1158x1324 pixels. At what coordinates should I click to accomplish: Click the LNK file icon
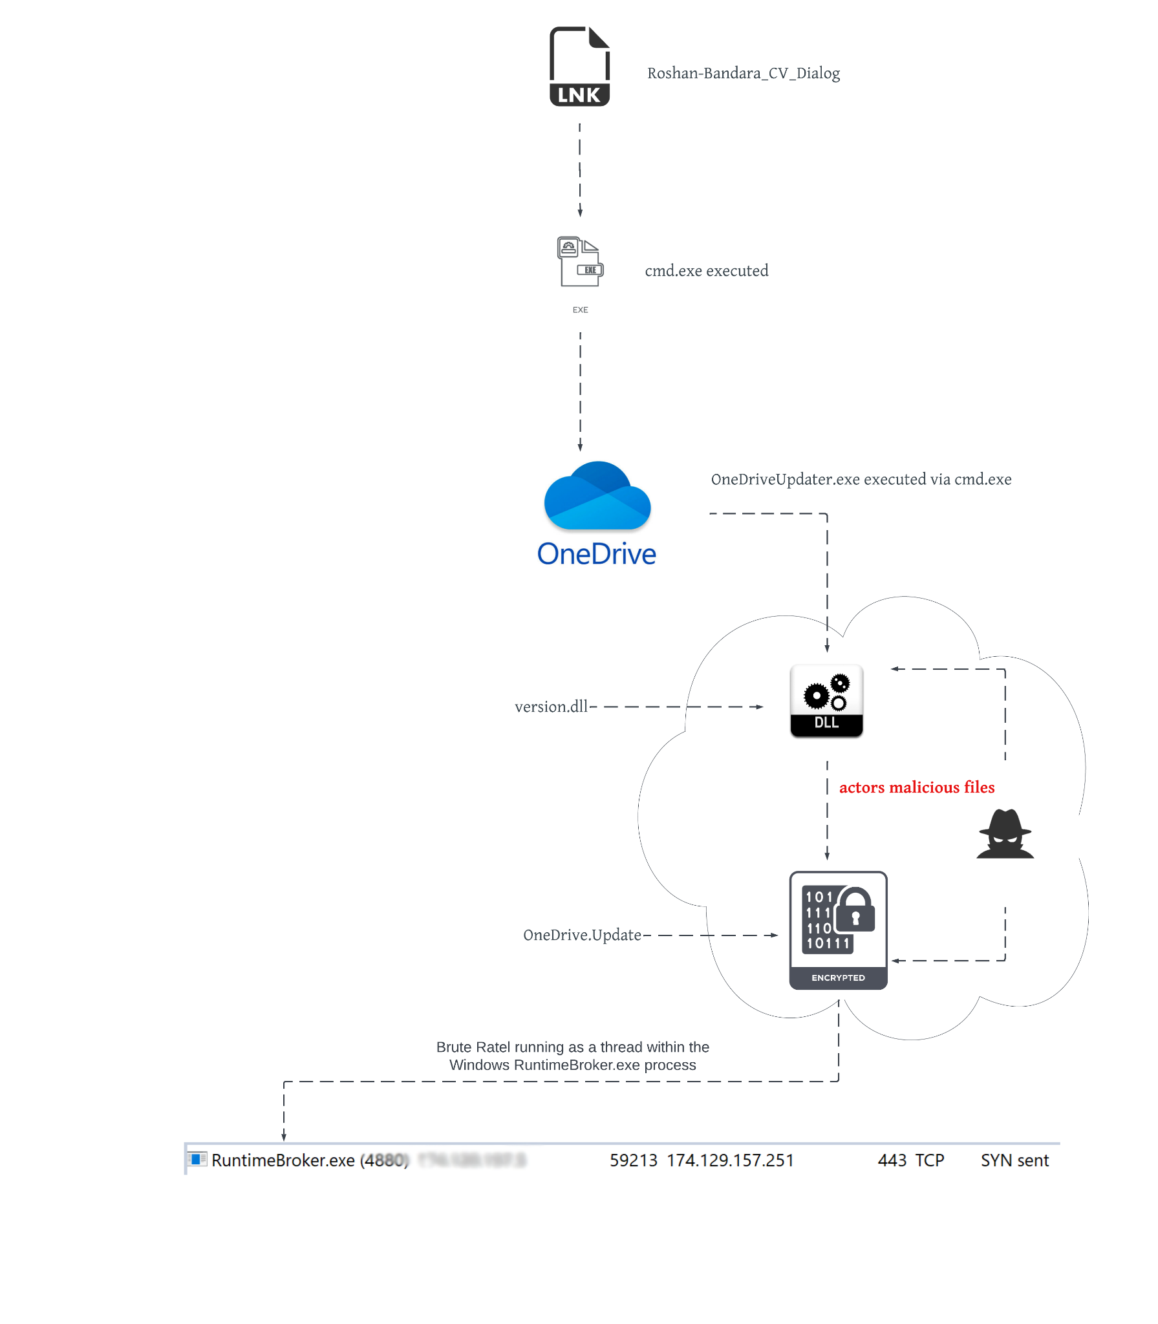(579, 66)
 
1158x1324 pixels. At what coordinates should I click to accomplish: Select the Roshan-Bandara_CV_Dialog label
(743, 74)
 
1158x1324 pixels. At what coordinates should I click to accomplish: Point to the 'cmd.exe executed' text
(706, 271)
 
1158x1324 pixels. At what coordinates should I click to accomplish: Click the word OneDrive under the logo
(596, 554)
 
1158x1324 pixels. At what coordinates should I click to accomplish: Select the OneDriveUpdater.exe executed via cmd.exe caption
(861, 480)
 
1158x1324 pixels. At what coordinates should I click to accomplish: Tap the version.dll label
(551, 707)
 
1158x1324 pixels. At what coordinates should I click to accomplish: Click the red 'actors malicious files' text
(916, 787)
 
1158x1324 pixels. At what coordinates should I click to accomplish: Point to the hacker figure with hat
(1005, 834)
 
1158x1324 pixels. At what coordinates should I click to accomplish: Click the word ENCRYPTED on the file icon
(838, 978)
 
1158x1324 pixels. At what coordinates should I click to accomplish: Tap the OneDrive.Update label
(582, 935)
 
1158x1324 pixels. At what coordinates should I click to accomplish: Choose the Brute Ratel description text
(572, 1056)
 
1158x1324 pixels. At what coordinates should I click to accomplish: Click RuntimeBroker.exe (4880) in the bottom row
(310, 1160)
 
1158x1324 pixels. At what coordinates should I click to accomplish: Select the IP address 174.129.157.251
(730, 1160)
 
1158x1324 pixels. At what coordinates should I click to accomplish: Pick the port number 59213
(633, 1160)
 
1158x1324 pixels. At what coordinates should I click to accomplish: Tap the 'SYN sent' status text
(1014, 1160)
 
